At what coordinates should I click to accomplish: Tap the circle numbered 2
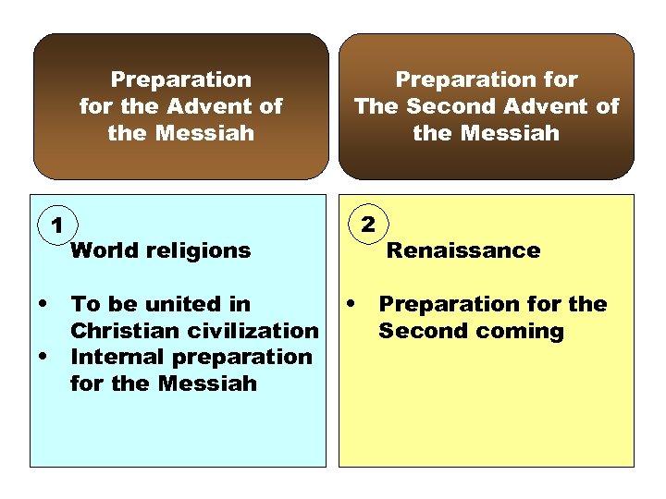coord(368,225)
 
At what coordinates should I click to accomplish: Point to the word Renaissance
coord(462,250)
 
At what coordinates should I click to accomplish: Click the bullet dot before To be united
coord(43,304)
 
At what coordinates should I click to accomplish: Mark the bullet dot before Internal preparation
coord(43,357)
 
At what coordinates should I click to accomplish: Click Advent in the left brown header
coord(203,106)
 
